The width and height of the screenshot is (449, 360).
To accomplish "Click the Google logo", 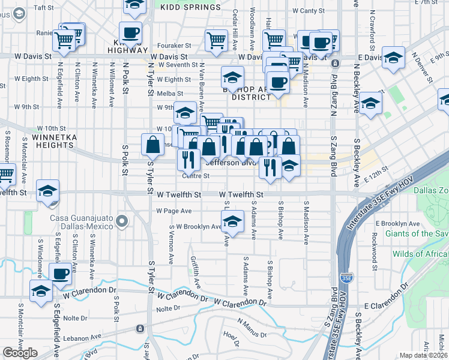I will click(x=20, y=353).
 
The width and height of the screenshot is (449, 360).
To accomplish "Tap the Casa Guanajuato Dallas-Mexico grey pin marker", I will click(x=122, y=222).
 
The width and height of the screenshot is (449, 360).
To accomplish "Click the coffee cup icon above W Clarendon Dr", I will click(x=60, y=274).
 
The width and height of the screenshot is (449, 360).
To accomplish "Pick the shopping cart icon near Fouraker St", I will click(x=216, y=41).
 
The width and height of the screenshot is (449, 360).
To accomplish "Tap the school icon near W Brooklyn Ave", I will click(x=232, y=222).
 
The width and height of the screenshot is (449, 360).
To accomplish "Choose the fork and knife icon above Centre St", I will click(x=188, y=160).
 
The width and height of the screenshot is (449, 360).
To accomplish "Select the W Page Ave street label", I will click(x=173, y=211).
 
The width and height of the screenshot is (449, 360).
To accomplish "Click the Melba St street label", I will click(x=170, y=93).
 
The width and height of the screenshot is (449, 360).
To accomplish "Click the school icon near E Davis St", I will click(x=394, y=58).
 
